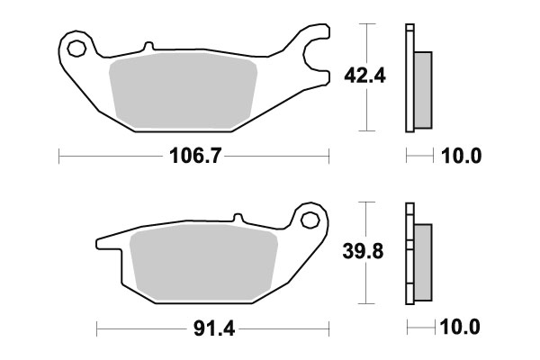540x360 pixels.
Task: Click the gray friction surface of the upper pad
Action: coord(184,90)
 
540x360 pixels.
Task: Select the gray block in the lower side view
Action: coord(423,261)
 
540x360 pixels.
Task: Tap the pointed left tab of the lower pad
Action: coord(102,242)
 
